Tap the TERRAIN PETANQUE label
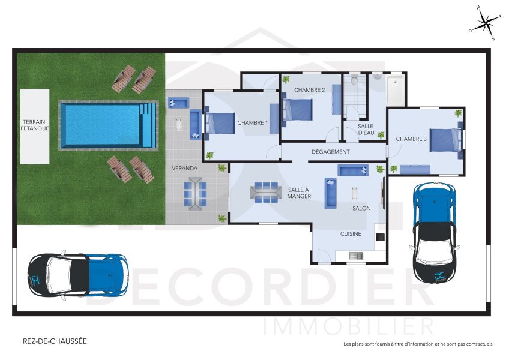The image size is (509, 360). (x=34, y=124)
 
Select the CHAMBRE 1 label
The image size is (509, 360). (x=252, y=123)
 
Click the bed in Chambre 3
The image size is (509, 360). (x=445, y=139)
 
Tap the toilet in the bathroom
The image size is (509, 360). (x=355, y=80)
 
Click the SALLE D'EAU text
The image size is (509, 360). (x=366, y=130)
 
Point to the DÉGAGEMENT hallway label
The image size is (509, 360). (x=330, y=152)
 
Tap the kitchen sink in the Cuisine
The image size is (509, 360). (x=355, y=257)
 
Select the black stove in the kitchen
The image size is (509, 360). (x=380, y=236)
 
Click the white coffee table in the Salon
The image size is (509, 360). (x=354, y=194)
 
